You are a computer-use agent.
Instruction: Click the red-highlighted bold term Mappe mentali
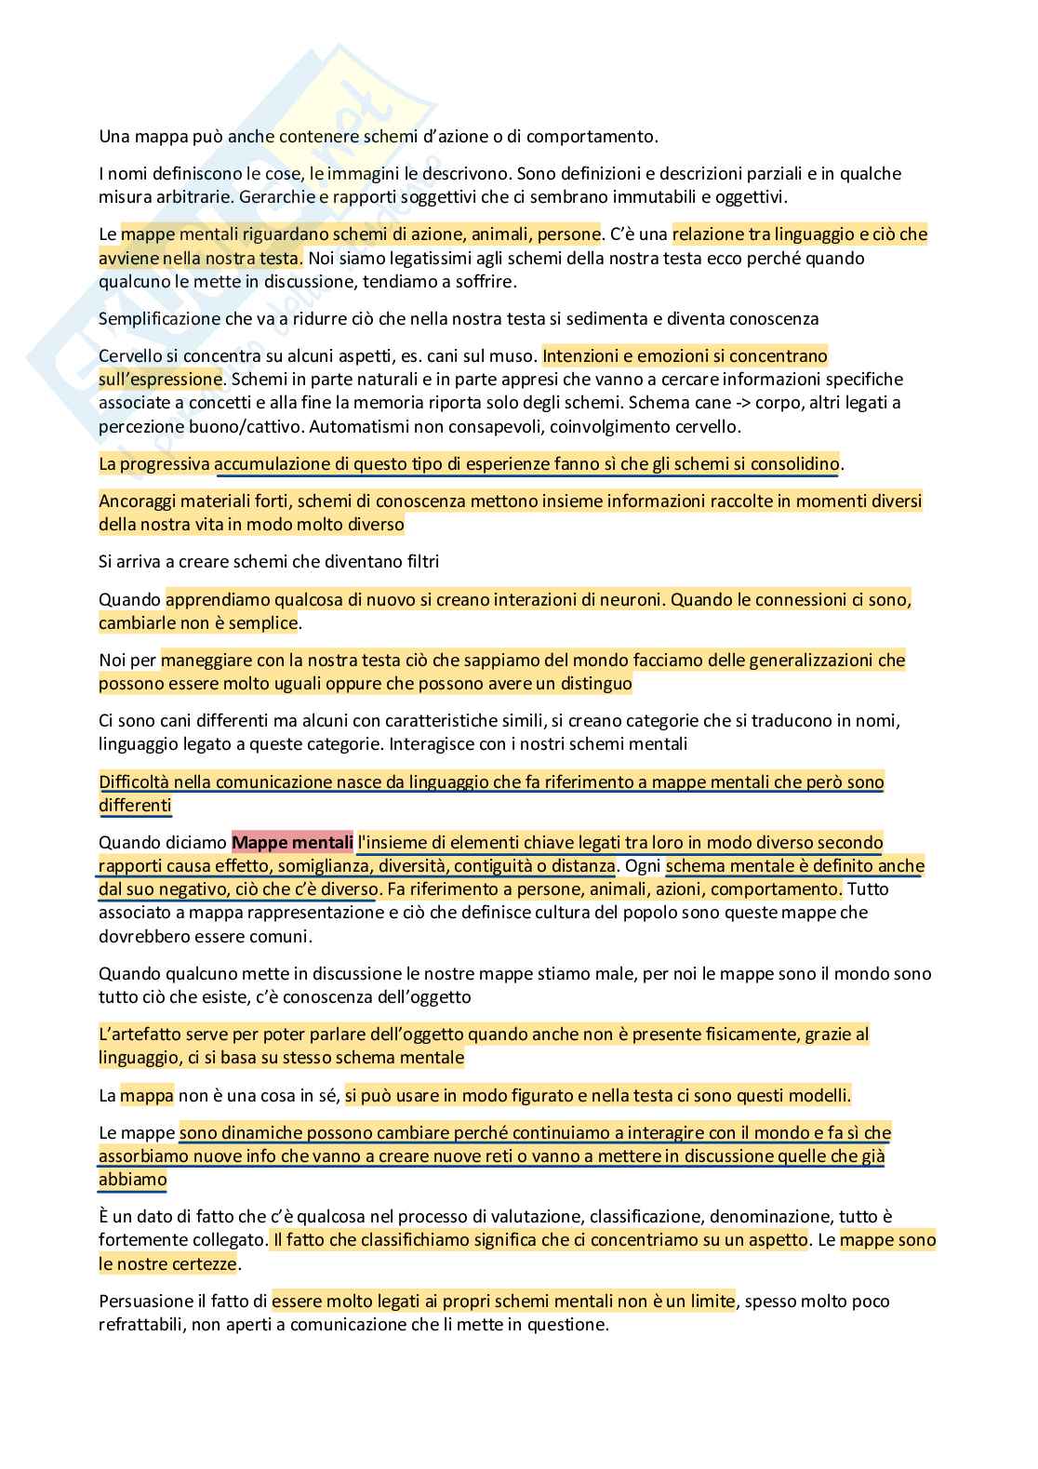292,843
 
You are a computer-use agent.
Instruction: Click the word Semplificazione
160,318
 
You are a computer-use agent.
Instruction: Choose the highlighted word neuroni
628,599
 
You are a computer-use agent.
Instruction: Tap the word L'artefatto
138,1034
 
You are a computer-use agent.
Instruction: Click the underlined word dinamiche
245,1132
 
